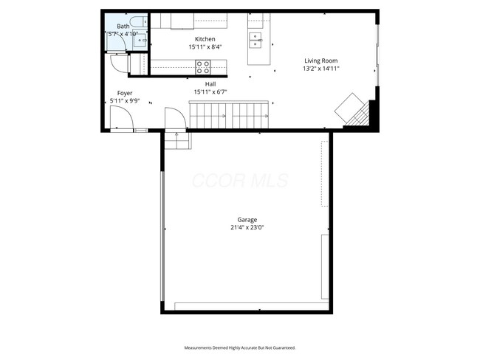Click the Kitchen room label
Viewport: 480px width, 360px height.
[x=205, y=39]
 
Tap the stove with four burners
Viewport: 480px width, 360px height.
[x=202, y=66]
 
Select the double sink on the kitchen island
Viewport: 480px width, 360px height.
[x=256, y=38]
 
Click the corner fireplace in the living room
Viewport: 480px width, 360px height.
[x=353, y=111]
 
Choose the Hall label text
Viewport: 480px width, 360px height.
[x=210, y=84]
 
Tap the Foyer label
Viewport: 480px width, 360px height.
[x=125, y=93]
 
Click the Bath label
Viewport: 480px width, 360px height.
[x=123, y=27]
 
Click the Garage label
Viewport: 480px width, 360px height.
[x=247, y=220]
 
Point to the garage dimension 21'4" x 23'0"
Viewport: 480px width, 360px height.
[x=247, y=228]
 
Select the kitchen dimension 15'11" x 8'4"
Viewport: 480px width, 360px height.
[x=205, y=46]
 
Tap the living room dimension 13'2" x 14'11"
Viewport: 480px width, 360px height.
[x=321, y=69]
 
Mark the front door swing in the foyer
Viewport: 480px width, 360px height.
[x=120, y=118]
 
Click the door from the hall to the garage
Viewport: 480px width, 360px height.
[x=175, y=119]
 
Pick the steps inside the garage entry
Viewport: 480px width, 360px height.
[x=177, y=140]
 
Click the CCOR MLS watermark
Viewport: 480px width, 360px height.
[x=239, y=180]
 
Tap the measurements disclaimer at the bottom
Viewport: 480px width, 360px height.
[x=239, y=347]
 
